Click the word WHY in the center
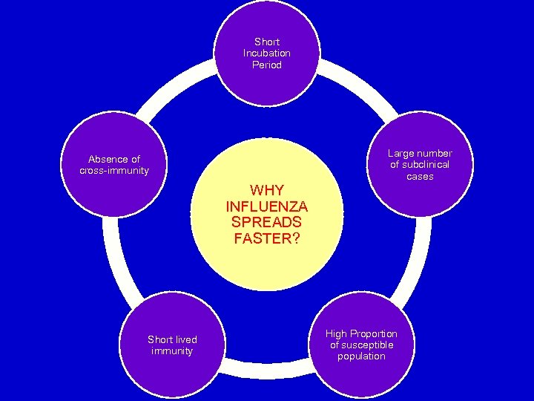pos(267,189)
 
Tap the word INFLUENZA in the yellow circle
pos(267,206)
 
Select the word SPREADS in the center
pos(267,222)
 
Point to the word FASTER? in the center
pos(267,238)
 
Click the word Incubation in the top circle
pos(267,53)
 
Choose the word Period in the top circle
pos(267,65)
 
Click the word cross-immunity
pos(114,170)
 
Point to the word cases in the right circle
pos(420,177)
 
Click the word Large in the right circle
pos(401,154)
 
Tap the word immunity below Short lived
pos(172,351)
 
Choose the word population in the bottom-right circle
pos(361,356)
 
